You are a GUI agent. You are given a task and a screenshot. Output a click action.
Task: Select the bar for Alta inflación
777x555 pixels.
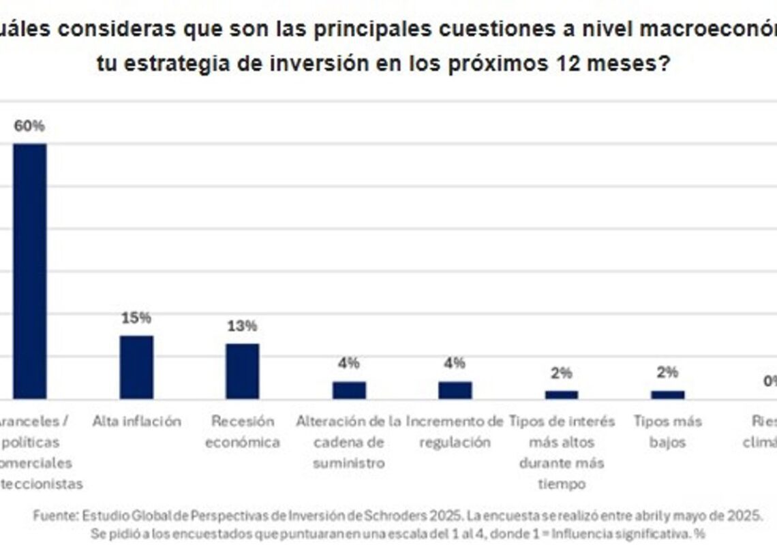pos(136,367)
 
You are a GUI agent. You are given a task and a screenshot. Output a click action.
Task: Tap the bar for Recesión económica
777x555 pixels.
pos(243,371)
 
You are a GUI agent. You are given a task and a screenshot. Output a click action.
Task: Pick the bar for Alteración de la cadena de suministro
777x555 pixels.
pos(349,390)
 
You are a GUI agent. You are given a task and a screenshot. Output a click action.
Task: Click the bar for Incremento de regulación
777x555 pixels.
pos(455,390)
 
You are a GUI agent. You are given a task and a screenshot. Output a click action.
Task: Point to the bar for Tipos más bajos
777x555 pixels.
pos(667,394)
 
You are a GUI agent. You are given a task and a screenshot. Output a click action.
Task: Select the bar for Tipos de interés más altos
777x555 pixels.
pos(561,394)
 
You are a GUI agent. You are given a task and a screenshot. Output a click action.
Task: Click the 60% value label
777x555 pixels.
pos(29,126)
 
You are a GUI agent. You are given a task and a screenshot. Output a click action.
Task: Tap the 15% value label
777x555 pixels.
pos(136,318)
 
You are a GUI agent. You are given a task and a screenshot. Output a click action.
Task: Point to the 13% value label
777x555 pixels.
pos(242,326)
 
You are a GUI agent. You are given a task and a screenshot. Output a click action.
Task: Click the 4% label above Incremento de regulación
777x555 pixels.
pos(455,364)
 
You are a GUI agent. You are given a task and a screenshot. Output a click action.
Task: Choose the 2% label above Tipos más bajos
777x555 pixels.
pos(667,372)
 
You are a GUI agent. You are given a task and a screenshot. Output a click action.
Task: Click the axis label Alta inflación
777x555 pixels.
pos(136,422)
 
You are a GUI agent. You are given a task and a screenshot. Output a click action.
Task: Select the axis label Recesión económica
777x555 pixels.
pos(243,432)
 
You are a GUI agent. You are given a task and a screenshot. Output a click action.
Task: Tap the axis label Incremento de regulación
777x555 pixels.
pos(455,432)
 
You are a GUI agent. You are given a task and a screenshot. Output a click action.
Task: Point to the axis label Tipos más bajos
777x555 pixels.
pos(667,432)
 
